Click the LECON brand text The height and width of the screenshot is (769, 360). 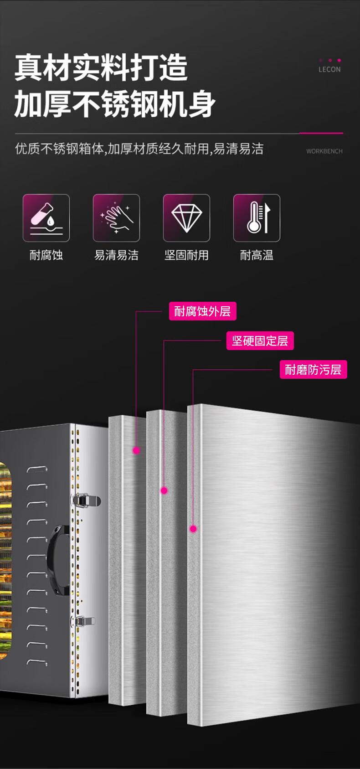329,69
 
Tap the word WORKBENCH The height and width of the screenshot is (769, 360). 324,151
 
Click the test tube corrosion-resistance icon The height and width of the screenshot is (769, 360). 46,218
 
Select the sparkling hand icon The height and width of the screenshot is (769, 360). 116,218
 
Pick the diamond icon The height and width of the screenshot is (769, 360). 186,218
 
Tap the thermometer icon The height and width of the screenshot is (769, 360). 257,218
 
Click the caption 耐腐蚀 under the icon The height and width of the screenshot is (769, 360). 46,255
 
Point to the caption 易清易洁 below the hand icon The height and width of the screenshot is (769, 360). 116,255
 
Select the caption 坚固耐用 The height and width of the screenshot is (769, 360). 186,255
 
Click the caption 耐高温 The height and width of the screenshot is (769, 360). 257,255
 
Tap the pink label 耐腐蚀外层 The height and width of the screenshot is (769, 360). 202,311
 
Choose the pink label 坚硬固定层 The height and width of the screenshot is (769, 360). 260,341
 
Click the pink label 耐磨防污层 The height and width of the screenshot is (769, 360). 314,369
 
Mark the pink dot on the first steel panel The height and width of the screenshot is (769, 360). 137,450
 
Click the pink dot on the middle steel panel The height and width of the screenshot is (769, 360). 164,490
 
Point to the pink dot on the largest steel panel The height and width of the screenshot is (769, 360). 193,529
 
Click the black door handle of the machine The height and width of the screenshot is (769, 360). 58,559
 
